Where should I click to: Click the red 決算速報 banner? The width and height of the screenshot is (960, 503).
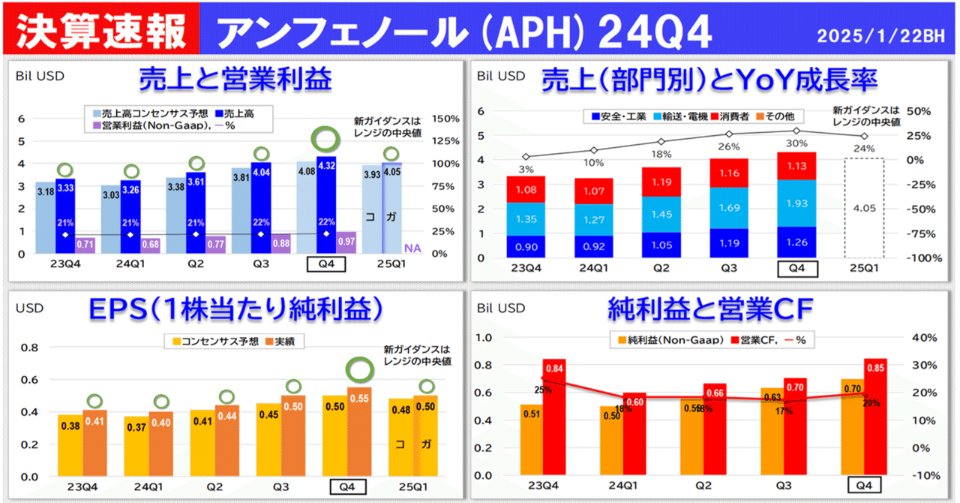[x=101, y=28]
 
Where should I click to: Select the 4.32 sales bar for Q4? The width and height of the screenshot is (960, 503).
[x=326, y=203]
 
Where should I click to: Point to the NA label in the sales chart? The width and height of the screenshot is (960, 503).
[x=412, y=248]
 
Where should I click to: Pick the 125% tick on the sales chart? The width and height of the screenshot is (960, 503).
[x=445, y=141]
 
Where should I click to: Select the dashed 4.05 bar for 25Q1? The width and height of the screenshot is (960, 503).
[x=864, y=208]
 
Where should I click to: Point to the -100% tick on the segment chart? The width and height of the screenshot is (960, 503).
[x=918, y=258]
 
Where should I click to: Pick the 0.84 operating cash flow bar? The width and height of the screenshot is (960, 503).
[x=555, y=417]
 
